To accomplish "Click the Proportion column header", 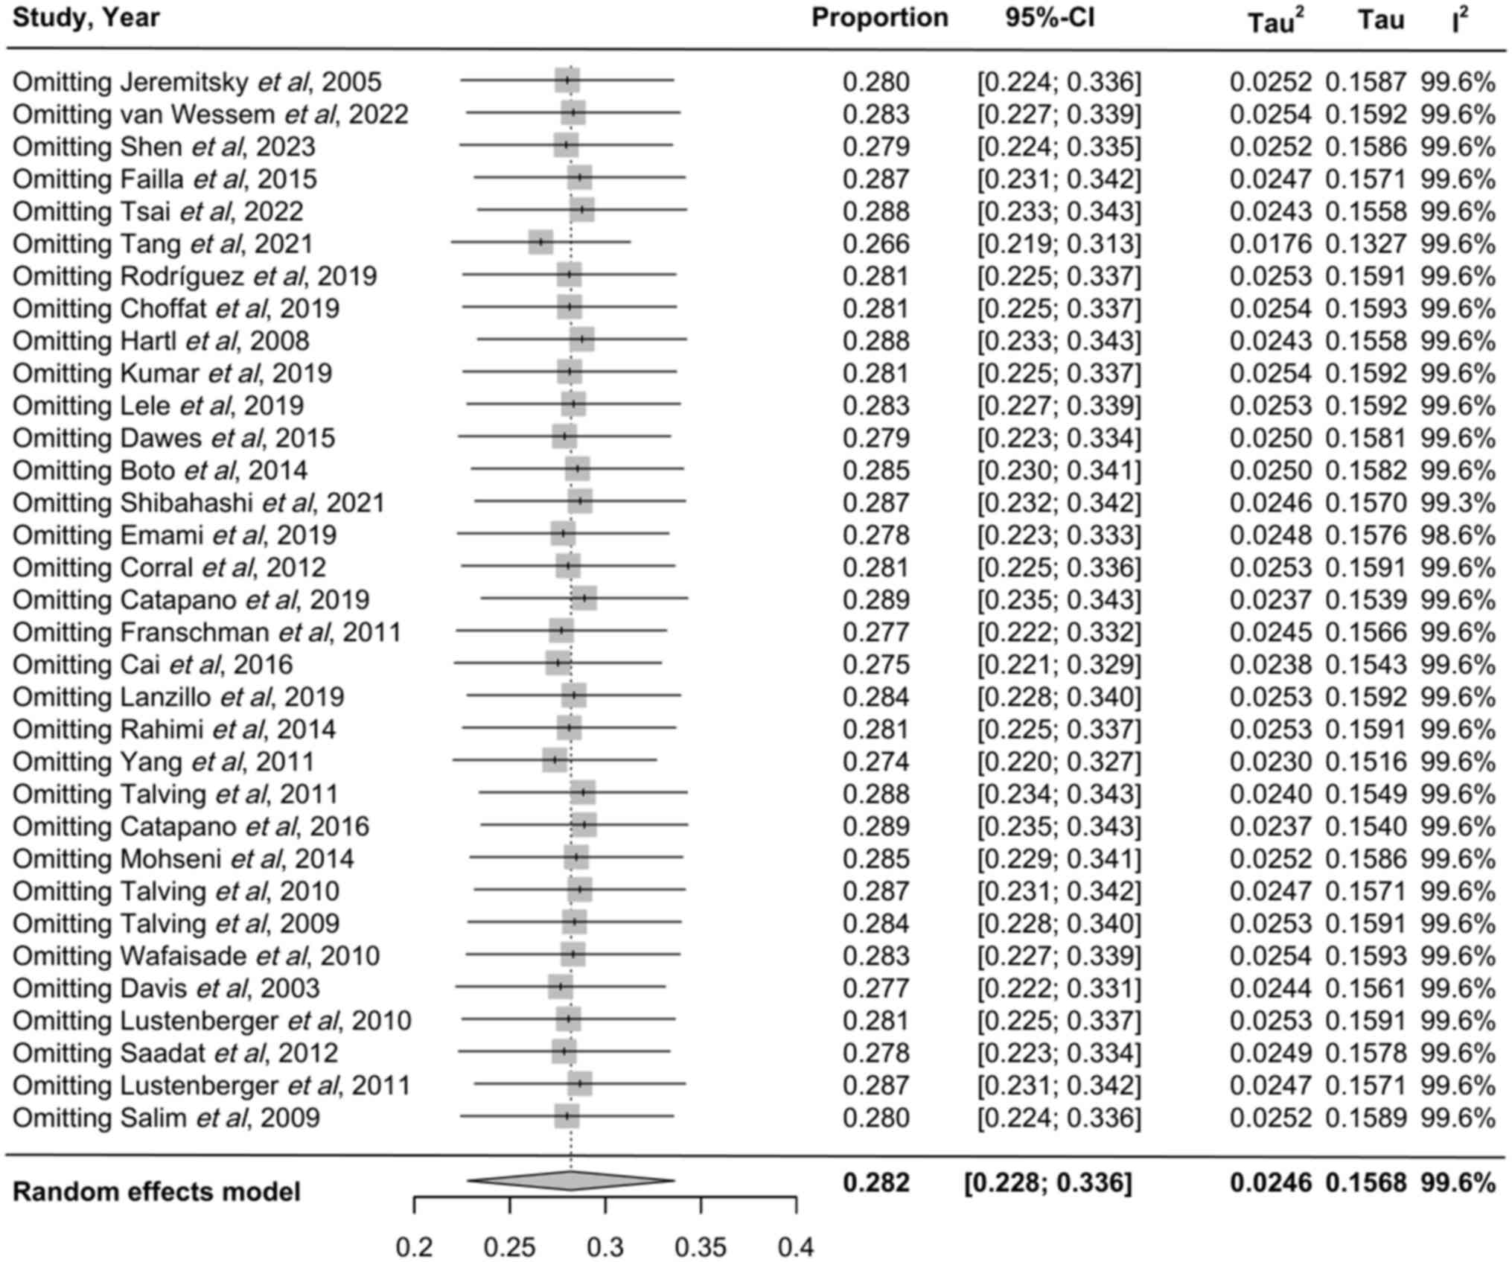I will [x=879, y=18].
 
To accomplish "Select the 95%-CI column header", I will [x=1050, y=18].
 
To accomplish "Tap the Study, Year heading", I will [x=86, y=18].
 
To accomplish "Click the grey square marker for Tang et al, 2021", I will [x=541, y=243].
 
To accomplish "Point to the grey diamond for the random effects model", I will [x=570, y=1180].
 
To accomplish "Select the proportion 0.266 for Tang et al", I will [x=875, y=244].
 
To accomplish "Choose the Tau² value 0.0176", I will [x=1270, y=244].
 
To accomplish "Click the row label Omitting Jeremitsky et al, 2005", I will [x=197, y=82].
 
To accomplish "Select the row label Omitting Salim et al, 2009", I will [x=167, y=1118].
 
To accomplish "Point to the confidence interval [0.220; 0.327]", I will [x=1059, y=762].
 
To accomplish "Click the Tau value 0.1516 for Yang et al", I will [x=1365, y=762].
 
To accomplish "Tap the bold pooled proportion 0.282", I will [x=875, y=1182].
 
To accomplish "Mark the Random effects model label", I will [x=157, y=1192].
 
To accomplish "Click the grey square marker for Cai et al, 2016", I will [x=558, y=663].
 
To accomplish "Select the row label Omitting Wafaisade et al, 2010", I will [x=197, y=956].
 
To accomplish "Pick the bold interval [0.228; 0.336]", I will [x=1048, y=1182].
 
